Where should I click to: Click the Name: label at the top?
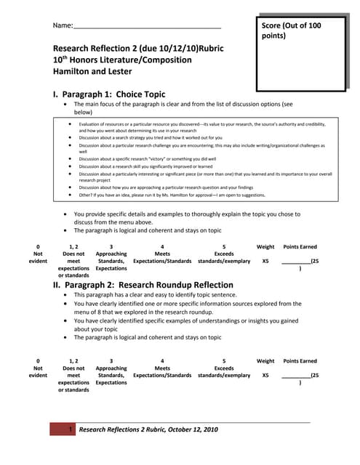point(63,26)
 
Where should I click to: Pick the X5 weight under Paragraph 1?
point(265,261)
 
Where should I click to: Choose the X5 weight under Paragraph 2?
point(265,375)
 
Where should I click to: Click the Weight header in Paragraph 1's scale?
point(265,246)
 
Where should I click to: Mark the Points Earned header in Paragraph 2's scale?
point(300,360)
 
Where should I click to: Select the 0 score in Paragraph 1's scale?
point(38,246)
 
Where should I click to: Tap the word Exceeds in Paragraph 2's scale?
point(224,368)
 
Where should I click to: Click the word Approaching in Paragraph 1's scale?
point(111,254)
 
